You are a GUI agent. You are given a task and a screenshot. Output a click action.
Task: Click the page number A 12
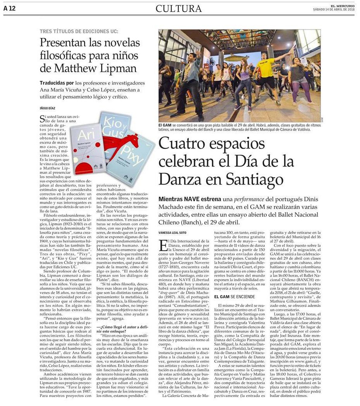point(9,8)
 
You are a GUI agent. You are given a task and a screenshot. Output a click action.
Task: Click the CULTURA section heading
point(179,8)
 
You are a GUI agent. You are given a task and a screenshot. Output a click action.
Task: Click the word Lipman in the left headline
point(116,68)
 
